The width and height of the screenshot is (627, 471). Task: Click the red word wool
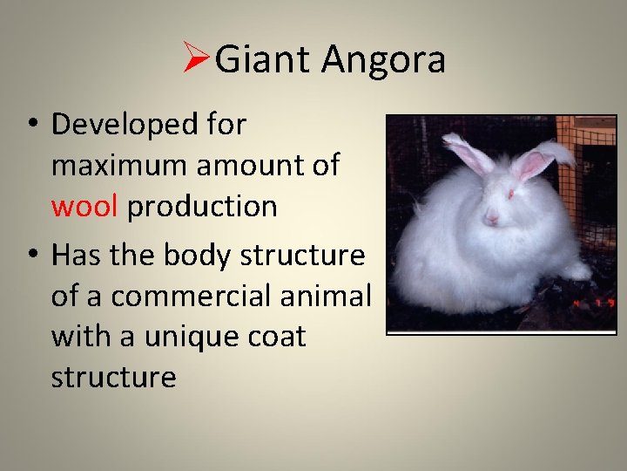tap(86, 207)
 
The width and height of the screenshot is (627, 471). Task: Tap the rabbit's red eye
tap(510, 194)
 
